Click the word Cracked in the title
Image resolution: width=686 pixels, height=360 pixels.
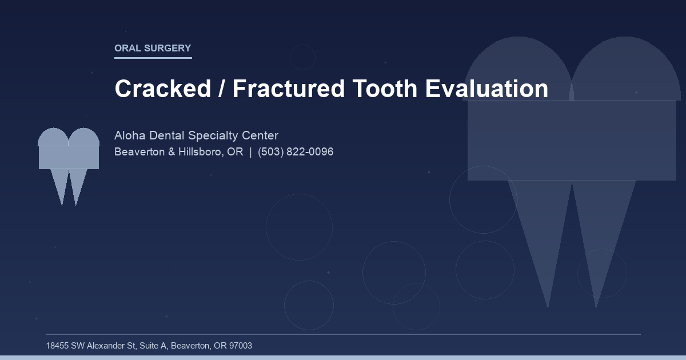163,89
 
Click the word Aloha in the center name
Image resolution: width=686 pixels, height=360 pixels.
130,136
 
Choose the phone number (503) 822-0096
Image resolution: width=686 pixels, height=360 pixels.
296,153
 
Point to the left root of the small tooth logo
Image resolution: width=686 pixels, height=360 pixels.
60,186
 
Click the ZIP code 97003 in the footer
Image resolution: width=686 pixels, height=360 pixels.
241,346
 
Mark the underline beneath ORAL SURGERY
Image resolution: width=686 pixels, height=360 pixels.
153,58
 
